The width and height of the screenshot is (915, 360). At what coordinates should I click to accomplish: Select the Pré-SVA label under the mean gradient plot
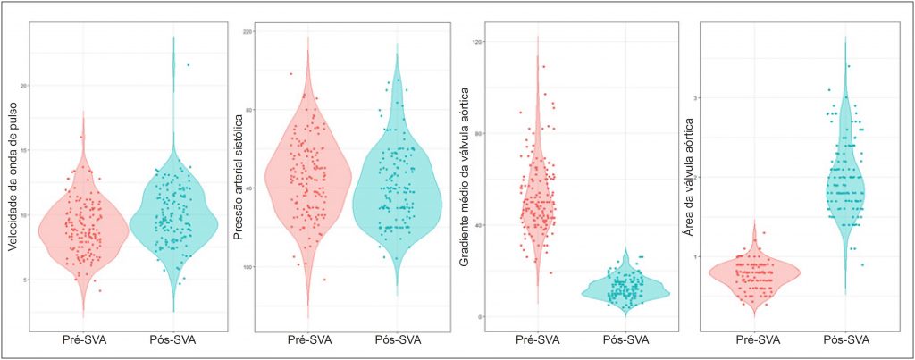tap(538, 339)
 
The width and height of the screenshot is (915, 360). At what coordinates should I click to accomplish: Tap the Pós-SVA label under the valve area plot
tap(845, 339)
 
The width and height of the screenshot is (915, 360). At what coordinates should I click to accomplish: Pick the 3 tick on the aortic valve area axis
tap(706, 98)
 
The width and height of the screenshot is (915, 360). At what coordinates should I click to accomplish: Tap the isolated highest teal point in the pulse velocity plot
tap(188, 64)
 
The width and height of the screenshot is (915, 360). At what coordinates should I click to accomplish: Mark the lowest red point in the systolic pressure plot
tap(299, 280)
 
